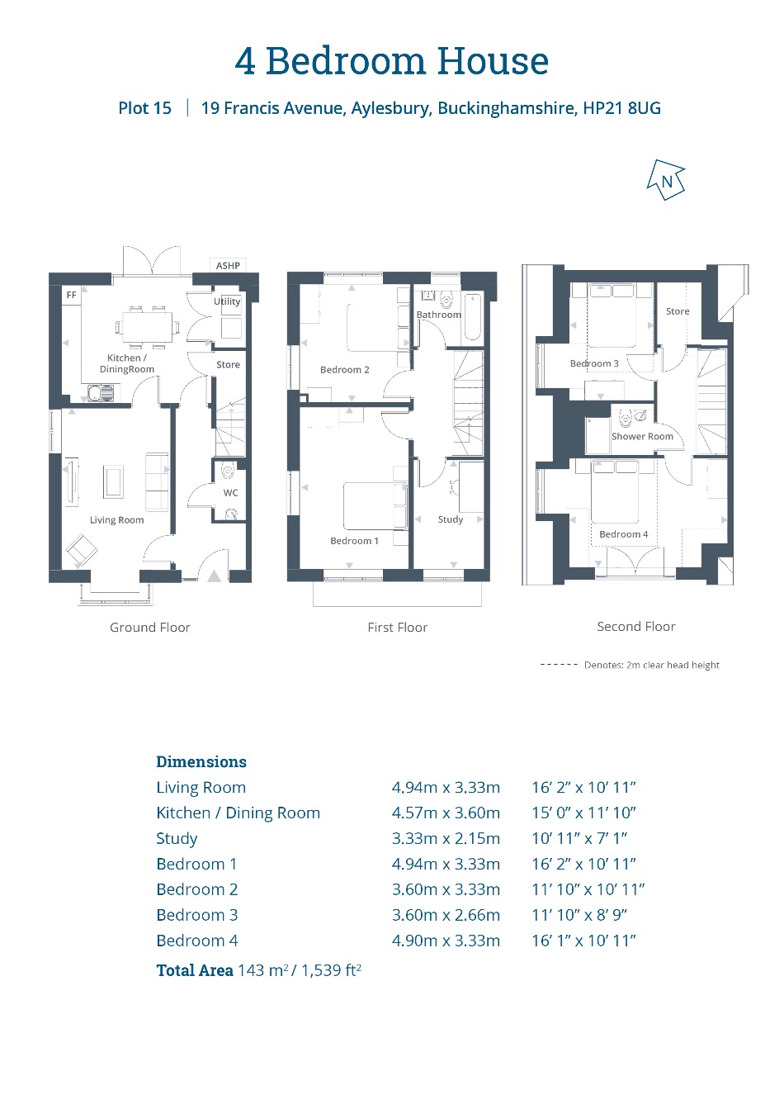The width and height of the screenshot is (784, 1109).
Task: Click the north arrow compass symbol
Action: point(666,180)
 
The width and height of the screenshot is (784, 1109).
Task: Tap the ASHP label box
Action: point(228,265)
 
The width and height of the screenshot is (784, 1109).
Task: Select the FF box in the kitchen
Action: point(71,295)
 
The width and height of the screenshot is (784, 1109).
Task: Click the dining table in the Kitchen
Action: point(148,327)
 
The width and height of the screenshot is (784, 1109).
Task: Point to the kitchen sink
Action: point(101,394)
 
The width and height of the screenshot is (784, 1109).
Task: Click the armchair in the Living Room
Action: point(82,550)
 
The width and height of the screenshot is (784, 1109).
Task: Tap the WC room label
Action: point(230,493)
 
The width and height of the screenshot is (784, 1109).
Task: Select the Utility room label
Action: point(227,301)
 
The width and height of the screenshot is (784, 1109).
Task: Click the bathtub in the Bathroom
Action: point(472,317)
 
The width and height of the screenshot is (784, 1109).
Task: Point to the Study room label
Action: point(451,519)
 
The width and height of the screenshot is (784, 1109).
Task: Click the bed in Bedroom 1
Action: point(375,506)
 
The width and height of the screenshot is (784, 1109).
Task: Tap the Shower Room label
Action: point(642,436)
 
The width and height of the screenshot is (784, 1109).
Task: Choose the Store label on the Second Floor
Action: point(678,311)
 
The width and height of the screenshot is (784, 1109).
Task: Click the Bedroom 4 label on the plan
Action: point(623,533)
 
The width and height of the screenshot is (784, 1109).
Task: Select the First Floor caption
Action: point(397,628)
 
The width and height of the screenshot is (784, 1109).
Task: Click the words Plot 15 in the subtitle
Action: point(144,108)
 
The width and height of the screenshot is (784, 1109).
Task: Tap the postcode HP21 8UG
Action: point(621,108)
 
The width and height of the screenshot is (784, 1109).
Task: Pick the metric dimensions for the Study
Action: point(446,838)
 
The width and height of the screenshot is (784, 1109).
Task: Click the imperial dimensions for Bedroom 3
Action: point(579,914)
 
